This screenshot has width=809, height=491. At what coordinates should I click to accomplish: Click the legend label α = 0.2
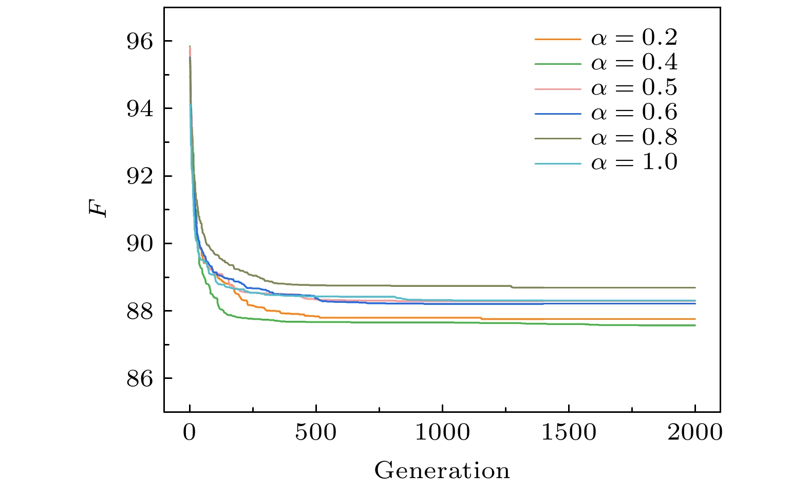coord(634,38)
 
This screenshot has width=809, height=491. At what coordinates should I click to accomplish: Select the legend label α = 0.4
coord(634,63)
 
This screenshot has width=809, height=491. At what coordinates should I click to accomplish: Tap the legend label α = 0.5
coord(634,88)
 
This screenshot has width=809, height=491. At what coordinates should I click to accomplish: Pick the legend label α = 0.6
coord(634,113)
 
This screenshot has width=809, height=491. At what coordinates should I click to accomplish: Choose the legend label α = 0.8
coord(634,137)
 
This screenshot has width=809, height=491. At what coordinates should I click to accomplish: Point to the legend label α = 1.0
coord(634,162)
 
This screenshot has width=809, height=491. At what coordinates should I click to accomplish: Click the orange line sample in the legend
coord(558,39)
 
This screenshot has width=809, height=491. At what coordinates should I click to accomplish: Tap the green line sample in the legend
coord(558,64)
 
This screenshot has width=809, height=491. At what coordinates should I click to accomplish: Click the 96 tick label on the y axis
coord(140,42)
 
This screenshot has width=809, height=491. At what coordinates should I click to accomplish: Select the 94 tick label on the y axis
coord(140,109)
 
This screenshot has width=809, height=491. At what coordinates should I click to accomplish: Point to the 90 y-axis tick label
coord(140,244)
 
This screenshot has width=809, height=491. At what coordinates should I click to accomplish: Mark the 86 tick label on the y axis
coord(140,379)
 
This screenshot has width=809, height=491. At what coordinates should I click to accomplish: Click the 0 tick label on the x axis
coord(190,433)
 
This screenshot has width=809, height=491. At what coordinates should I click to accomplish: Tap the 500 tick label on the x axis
coord(316,433)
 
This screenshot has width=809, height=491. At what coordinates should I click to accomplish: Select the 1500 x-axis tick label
coord(569,433)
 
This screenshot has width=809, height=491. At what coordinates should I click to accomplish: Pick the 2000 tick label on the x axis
coord(695,433)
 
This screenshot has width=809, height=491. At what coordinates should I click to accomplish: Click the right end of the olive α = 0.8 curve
coord(694,287)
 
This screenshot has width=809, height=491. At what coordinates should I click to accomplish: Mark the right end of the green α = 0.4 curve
coord(694,325)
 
